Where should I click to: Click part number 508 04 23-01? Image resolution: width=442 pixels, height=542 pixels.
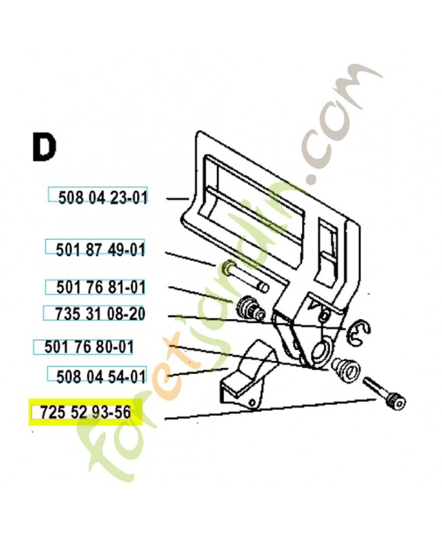[x=103, y=198]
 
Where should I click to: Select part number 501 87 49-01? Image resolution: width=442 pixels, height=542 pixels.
[x=100, y=249]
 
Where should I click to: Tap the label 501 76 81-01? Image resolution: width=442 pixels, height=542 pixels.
[x=100, y=287]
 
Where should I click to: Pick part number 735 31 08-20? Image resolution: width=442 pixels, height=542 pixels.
[x=100, y=314]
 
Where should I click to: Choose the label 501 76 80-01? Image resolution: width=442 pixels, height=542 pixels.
[x=89, y=347]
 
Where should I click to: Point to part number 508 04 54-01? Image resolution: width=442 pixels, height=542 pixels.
[x=101, y=376]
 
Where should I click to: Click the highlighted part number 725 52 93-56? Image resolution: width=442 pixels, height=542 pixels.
[x=85, y=413]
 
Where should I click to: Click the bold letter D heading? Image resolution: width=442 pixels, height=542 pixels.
[x=44, y=147]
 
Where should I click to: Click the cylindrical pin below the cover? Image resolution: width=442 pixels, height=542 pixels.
[x=244, y=276]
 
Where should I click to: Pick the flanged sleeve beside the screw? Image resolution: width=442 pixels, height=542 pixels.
[x=346, y=370]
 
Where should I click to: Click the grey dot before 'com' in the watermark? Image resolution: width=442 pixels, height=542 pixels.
[x=313, y=180]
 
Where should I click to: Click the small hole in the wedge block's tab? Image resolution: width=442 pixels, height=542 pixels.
[x=253, y=402]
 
